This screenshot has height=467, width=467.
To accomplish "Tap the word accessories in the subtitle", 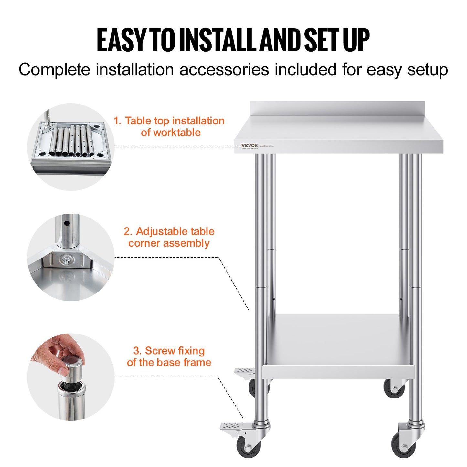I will click(x=224, y=70).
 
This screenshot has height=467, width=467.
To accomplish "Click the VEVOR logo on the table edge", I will click(x=249, y=146).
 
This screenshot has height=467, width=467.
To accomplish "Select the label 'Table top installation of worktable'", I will click(x=169, y=126).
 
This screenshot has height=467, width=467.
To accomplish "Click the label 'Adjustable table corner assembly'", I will click(x=169, y=237).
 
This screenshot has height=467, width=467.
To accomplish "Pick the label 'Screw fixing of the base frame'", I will click(x=169, y=356).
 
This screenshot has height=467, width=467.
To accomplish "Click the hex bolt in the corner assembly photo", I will click(x=67, y=259).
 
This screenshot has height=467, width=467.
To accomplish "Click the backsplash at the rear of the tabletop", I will click(x=337, y=108).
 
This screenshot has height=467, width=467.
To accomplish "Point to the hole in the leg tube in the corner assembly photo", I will click(x=67, y=223).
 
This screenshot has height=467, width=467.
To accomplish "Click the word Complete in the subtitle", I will click(x=54, y=70).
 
